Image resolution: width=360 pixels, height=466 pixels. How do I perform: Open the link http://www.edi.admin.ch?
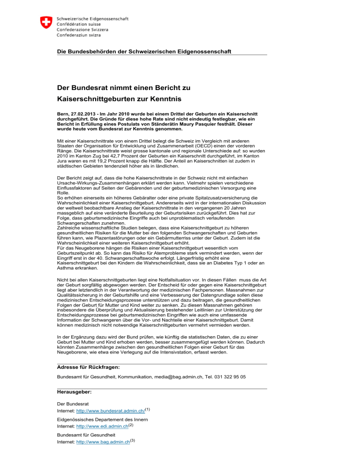tap(102, 426)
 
